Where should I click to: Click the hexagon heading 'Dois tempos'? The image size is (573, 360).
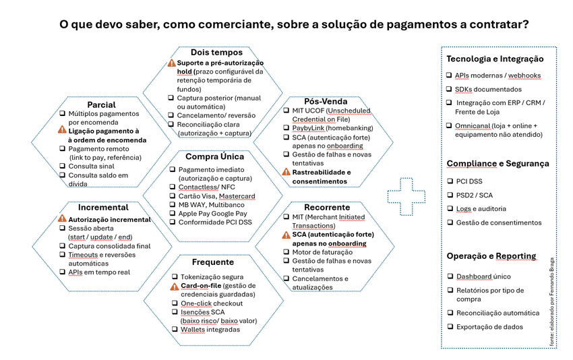click(216, 52)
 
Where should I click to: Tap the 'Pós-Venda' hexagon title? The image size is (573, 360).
click(326, 101)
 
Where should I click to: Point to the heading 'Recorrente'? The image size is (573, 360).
click(326, 207)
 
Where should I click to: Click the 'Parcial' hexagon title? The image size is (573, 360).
click(101, 104)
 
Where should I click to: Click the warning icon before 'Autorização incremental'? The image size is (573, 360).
click(63, 219)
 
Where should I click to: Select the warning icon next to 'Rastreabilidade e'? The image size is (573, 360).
click(286, 173)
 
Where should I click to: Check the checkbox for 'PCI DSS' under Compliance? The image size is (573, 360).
click(450, 181)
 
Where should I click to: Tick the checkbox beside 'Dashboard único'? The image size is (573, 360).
click(450, 276)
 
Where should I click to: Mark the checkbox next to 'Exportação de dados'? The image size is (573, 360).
click(450, 327)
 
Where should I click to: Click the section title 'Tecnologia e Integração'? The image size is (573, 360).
click(494, 59)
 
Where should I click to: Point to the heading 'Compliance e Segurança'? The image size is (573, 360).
click(497, 163)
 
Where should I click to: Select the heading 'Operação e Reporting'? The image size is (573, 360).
click(491, 256)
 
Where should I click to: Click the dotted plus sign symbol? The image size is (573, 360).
click(404, 196)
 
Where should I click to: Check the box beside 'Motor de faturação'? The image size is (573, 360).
click(286, 252)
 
